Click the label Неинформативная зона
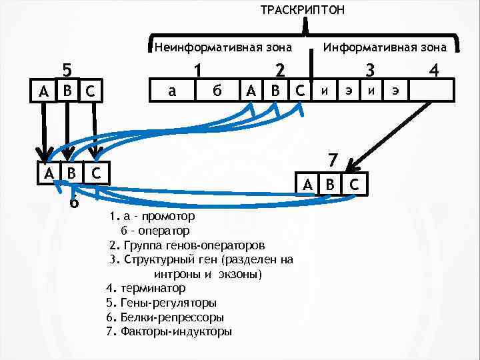[223, 47]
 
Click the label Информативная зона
[385, 47]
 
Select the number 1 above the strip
[197, 70]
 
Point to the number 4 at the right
[435, 70]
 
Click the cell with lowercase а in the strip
[172, 90]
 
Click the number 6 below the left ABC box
[74, 201]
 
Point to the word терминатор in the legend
[153, 288]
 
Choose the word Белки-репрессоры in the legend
[173, 317]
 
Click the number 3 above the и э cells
[371, 70]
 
